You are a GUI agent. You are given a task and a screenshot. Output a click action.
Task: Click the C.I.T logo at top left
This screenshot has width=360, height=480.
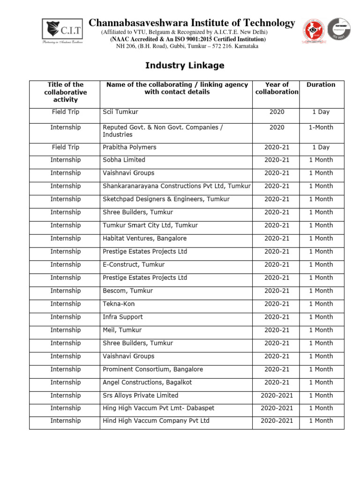click(63, 31)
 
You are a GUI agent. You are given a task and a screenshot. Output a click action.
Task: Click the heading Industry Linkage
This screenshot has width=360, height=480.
click(184, 66)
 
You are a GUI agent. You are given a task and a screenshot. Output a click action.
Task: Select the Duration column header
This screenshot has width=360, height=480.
click(321, 85)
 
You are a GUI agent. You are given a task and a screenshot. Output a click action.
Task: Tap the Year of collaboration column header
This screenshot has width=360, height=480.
click(277, 89)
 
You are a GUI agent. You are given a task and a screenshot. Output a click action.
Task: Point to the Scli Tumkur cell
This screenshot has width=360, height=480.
click(120, 112)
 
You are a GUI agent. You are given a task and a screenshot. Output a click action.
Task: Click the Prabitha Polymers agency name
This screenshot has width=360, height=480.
click(129, 147)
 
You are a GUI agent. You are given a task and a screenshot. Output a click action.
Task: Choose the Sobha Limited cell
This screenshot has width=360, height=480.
click(124, 160)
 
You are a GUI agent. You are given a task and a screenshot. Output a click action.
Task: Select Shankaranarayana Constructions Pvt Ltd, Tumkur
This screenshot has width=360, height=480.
click(177, 186)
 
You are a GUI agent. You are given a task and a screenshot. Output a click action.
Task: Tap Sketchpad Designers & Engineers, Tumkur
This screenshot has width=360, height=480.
click(166, 199)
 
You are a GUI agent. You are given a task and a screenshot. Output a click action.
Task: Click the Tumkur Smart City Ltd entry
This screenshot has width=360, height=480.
click(150, 225)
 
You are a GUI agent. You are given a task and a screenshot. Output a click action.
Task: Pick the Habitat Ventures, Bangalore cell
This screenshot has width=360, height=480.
click(144, 239)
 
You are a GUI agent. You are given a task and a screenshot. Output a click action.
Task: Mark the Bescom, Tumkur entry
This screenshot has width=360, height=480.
click(127, 291)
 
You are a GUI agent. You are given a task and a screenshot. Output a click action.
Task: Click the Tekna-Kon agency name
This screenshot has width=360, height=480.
click(119, 304)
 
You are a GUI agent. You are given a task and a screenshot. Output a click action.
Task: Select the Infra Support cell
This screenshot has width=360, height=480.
click(122, 317)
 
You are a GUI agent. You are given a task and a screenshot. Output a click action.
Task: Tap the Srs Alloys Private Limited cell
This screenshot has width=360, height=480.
click(140, 396)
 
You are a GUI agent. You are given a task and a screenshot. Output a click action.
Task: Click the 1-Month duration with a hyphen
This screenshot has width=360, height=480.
click(321, 127)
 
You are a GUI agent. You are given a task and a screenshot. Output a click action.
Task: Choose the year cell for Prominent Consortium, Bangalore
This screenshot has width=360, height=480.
click(277, 369)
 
